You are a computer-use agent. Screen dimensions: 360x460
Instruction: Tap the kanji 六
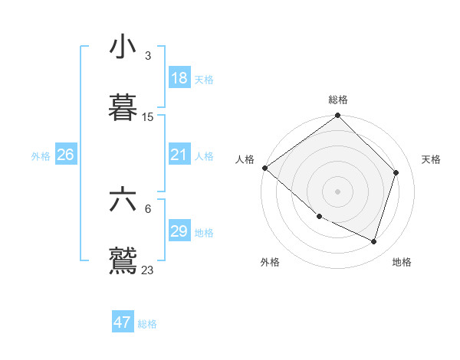[123, 199]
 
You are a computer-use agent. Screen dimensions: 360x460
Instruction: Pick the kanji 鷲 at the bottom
[123, 259]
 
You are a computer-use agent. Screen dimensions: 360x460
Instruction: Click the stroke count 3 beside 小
[148, 56]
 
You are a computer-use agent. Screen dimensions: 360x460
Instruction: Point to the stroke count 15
[148, 117]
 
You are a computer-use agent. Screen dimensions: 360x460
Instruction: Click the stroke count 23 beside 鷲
[148, 270]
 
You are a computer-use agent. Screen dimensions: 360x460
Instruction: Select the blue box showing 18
[179, 78]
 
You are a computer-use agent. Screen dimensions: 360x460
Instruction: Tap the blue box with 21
[179, 155]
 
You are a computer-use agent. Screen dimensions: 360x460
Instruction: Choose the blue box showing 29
[179, 231]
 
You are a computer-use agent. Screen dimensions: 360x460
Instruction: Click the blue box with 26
[65, 155]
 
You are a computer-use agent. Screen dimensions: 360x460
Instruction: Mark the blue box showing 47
[122, 322]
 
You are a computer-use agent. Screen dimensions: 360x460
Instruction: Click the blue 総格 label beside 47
[147, 324]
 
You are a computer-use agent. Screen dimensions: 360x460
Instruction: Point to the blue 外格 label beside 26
[41, 156]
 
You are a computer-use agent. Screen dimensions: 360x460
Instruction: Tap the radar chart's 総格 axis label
[338, 100]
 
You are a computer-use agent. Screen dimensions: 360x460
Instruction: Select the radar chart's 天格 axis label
[431, 159]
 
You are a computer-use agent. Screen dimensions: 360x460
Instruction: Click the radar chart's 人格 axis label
[245, 159]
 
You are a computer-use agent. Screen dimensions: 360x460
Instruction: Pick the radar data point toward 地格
[374, 242]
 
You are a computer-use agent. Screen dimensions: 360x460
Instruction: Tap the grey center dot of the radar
[338, 191]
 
